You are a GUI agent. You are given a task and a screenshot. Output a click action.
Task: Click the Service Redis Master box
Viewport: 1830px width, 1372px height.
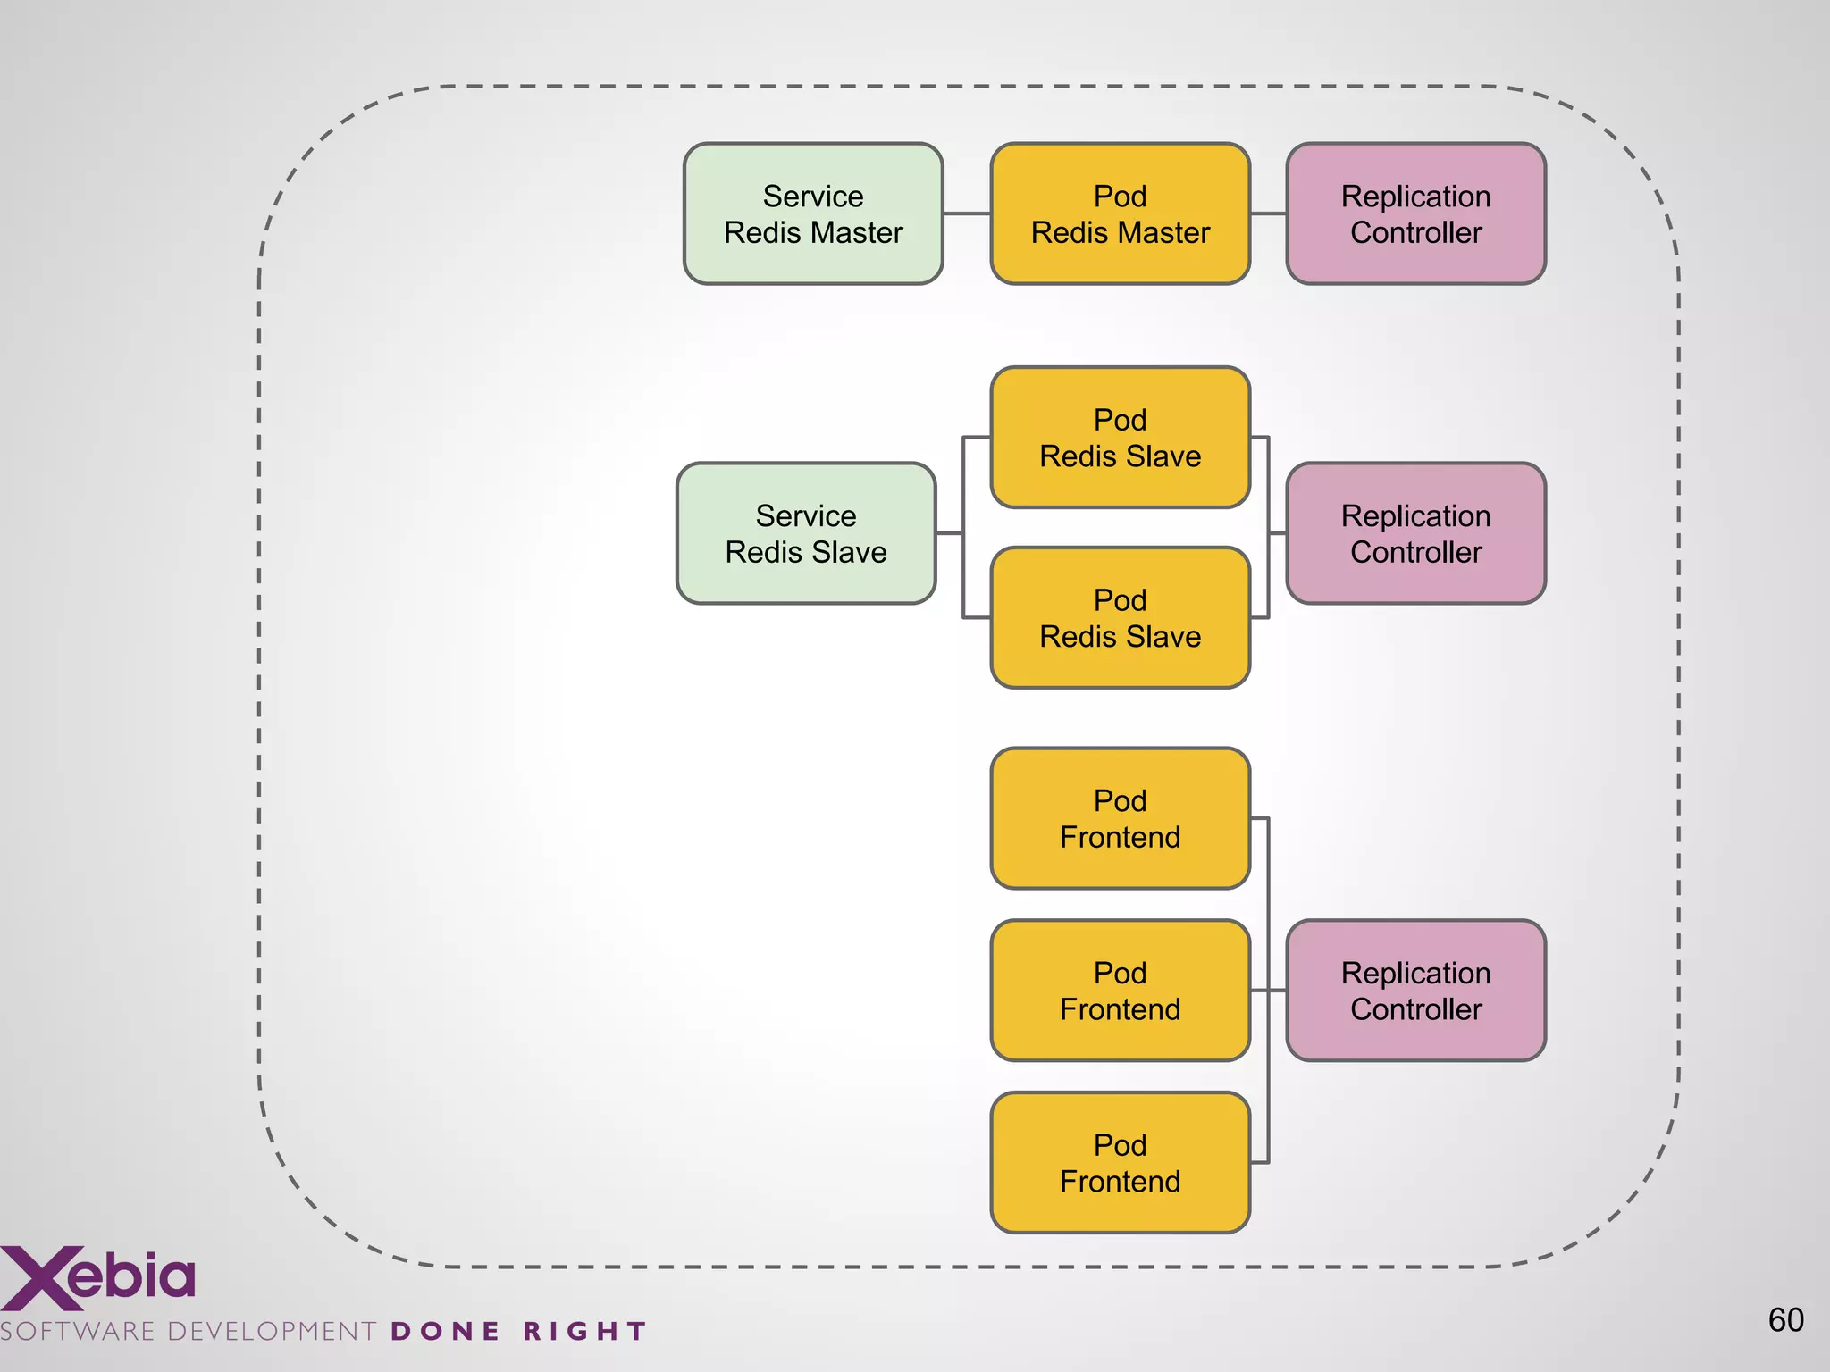click(813, 214)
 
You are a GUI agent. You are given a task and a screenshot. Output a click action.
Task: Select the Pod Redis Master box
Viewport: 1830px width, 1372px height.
click(1120, 214)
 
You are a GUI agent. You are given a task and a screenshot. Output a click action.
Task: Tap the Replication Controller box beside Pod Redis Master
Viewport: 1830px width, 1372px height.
click(1415, 214)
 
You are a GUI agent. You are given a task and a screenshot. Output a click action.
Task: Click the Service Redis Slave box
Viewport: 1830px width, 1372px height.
click(806, 533)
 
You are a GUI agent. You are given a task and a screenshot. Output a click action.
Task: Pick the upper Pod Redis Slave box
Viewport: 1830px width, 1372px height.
click(1120, 438)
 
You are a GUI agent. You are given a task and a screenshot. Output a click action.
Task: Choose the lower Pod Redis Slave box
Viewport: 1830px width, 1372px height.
click(1120, 618)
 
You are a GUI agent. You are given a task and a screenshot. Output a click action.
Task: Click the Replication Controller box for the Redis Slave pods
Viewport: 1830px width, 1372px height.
click(1415, 533)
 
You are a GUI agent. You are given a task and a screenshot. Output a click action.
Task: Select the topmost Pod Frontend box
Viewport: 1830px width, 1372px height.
click(1120, 818)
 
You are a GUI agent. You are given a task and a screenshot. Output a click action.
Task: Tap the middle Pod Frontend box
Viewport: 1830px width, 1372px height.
click(1120, 991)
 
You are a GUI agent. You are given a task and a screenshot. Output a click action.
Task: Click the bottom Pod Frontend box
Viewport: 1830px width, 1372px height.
click(1120, 1163)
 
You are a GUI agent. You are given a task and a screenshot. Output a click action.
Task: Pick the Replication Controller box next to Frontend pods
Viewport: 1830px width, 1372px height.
click(1415, 991)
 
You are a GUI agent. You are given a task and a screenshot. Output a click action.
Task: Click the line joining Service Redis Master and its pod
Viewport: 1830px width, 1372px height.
click(967, 213)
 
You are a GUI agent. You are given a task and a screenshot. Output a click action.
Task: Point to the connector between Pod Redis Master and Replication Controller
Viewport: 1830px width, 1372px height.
click(1268, 213)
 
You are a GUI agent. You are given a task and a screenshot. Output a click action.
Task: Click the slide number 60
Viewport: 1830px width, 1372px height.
click(1785, 1320)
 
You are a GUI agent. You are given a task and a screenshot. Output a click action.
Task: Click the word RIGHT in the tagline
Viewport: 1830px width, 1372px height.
click(584, 1332)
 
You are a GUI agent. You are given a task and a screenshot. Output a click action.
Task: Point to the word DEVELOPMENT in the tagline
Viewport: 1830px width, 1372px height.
click(272, 1332)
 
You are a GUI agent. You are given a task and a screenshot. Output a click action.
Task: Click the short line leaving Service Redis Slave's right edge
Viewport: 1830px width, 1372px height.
click(949, 533)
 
